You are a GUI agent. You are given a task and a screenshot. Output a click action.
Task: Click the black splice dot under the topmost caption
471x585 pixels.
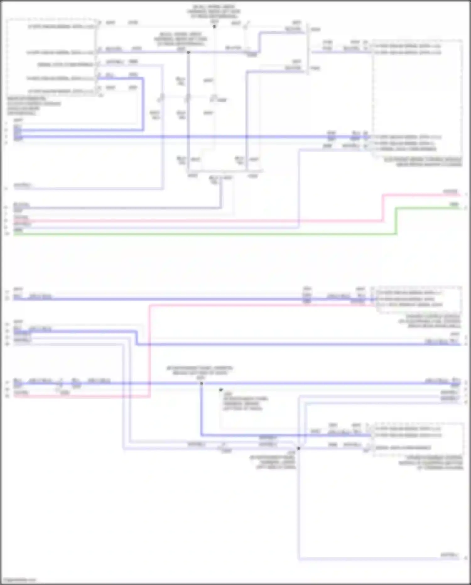tap(214, 26)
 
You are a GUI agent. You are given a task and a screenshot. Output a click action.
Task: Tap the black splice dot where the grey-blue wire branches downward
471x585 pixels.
tap(188, 52)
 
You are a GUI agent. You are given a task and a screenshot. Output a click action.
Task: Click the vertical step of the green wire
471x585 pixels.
tap(397, 221)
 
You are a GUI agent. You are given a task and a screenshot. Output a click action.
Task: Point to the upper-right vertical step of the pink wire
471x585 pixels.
tap(383, 207)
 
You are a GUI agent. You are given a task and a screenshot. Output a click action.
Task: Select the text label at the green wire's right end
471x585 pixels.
tap(454, 205)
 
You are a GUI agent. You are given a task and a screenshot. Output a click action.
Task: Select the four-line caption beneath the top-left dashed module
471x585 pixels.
tap(34, 106)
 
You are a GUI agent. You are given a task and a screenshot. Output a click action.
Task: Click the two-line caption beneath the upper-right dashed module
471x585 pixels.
tap(423, 162)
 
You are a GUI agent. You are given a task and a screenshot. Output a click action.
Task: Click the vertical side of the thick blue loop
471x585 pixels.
tap(143, 104)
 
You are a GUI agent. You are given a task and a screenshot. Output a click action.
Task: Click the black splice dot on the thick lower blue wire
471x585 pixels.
tap(201, 384)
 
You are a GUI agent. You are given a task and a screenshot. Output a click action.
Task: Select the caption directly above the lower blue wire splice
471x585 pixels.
tap(200, 373)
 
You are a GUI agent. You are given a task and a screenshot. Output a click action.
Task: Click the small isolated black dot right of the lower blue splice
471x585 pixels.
tap(221, 390)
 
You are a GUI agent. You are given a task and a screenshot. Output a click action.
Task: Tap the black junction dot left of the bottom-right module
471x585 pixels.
tap(299, 448)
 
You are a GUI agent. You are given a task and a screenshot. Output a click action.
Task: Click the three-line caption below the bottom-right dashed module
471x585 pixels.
tap(431, 462)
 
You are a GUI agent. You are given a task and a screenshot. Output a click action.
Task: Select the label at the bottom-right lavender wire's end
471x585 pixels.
tap(450, 555)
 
